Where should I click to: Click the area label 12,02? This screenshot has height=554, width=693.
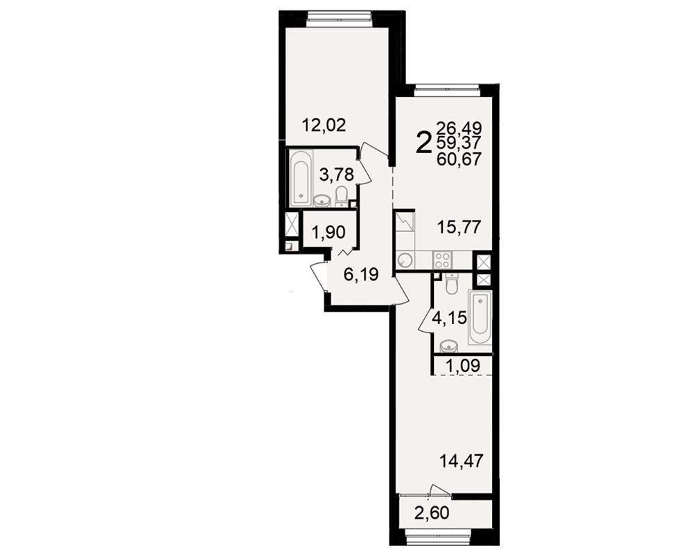point(324,125)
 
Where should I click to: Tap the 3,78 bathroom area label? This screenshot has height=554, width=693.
point(337,175)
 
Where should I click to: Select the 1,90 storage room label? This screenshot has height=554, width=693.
point(328,231)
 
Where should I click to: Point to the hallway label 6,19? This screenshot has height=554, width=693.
point(361,275)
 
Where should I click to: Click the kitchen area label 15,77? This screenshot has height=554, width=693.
point(458,228)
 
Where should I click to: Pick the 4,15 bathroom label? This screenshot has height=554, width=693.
point(450,318)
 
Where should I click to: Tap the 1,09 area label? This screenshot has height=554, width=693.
point(462,366)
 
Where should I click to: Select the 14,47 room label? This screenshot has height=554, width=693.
point(462,461)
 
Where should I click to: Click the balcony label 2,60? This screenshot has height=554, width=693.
point(432,513)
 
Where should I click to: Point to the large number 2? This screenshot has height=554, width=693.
point(423,143)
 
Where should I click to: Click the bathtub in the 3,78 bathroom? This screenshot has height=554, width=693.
point(301,178)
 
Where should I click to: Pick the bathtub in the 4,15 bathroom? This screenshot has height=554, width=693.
point(480,317)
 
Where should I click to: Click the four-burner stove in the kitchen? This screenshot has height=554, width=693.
point(442,260)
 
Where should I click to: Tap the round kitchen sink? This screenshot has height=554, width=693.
point(405,260)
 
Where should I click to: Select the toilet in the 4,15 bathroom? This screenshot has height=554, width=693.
point(451,284)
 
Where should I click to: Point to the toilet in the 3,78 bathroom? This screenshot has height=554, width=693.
point(341,197)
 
